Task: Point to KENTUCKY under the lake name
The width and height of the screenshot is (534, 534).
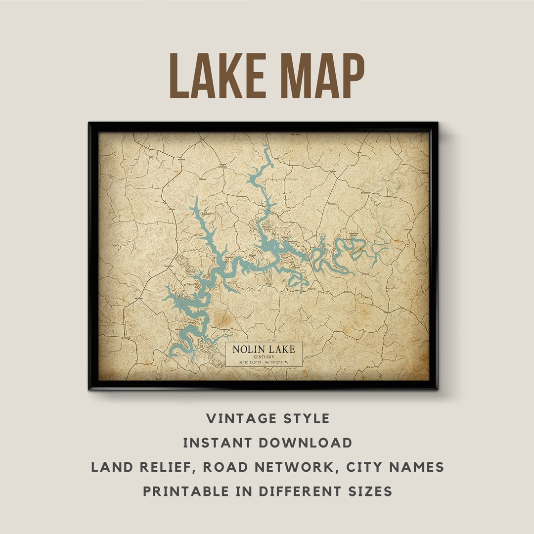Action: tap(264, 356)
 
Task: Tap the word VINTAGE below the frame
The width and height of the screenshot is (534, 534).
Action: tap(235, 419)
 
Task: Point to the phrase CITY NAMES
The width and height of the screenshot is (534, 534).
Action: tap(387, 467)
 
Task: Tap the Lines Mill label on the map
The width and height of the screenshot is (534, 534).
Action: tap(408, 230)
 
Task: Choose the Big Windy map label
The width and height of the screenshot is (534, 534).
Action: tap(349, 292)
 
